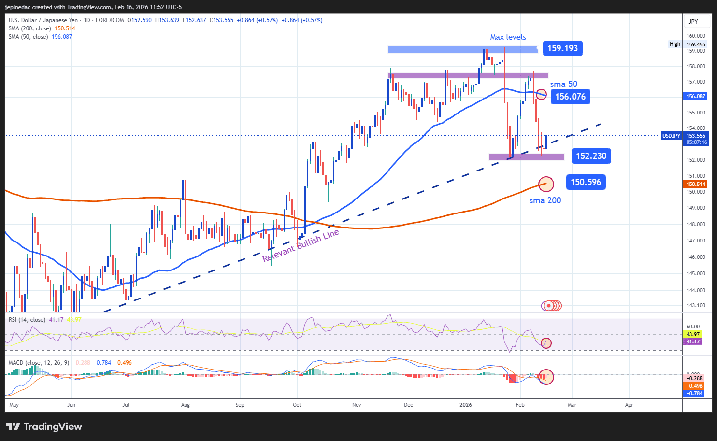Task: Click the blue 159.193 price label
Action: click(562, 48)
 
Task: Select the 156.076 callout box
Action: click(570, 97)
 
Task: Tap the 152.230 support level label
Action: click(591, 156)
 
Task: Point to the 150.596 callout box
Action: click(586, 182)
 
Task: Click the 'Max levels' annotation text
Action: click(508, 37)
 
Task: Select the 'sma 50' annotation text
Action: click(563, 84)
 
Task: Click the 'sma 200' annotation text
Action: click(545, 200)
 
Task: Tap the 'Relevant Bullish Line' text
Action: click(301, 246)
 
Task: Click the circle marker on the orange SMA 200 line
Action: click(546, 184)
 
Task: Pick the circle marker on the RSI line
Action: click(546, 343)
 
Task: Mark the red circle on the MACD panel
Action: click(546, 376)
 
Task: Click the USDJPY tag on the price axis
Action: click(671, 136)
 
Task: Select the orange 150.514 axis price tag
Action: click(696, 184)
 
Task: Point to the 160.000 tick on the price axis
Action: click(696, 36)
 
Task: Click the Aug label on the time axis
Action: click(186, 405)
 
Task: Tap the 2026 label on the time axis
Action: click(466, 405)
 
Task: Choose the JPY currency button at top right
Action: click(693, 21)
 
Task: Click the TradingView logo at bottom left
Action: click(44, 427)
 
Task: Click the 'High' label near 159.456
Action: click(675, 44)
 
